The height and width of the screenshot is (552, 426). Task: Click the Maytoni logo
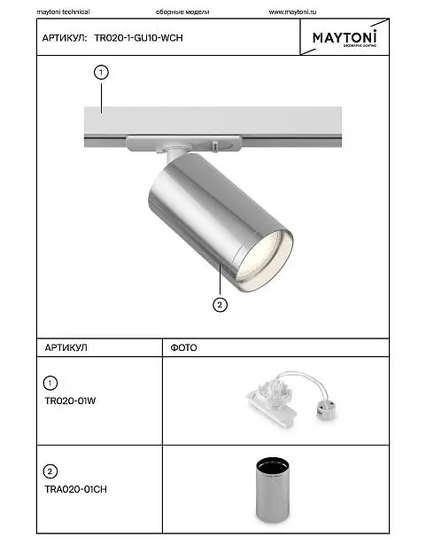coord(345,38)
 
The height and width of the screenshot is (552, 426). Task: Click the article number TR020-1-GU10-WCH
coord(138,38)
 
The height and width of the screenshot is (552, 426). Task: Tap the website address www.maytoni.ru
coord(292,12)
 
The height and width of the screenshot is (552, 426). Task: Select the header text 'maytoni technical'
coord(63,12)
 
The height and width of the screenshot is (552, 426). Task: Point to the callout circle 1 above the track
coord(101,73)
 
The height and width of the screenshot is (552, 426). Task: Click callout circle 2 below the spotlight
coord(221,305)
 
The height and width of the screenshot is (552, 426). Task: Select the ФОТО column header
coord(183,348)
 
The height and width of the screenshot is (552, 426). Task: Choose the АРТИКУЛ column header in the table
coord(66,348)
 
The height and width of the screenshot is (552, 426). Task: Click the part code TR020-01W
coord(70,401)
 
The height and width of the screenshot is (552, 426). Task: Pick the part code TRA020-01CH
coord(75,489)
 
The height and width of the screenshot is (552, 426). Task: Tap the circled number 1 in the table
coord(50,383)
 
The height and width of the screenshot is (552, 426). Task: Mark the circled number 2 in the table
coord(50,471)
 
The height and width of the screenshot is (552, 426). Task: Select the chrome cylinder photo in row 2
coord(272,490)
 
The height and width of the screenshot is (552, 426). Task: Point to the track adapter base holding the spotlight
coord(184,143)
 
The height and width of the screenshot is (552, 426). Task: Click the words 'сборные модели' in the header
coord(182,12)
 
